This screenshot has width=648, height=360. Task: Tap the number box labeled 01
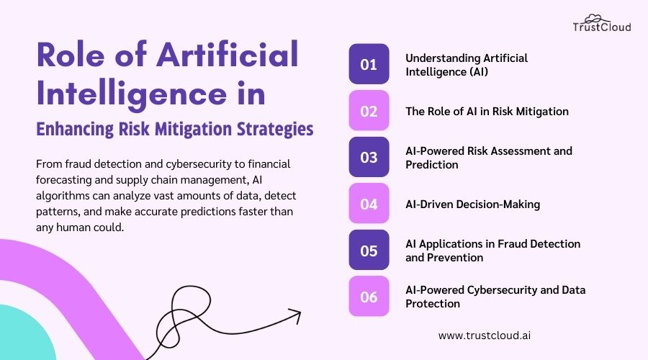click(x=369, y=64)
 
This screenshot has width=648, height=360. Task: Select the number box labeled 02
click(x=369, y=111)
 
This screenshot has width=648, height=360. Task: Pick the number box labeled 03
click(x=369, y=157)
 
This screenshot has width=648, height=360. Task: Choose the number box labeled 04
click(x=369, y=204)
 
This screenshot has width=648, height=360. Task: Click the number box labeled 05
click(x=369, y=250)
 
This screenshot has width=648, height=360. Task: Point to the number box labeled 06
click(x=369, y=296)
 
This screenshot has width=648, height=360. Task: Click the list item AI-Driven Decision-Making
click(x=472, y=204)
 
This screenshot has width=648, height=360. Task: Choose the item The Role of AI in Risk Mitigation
click(x=487, y=111)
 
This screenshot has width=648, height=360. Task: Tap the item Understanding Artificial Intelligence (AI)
click(x=466, y=64)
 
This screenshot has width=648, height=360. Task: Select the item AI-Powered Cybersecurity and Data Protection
click(x=495, y=296)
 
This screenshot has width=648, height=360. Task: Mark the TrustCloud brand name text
click(x=602, y=27)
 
